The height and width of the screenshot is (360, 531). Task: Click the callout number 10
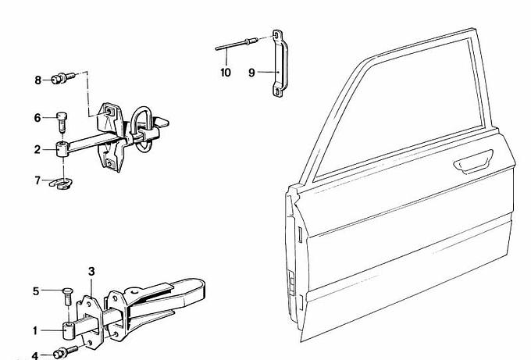pos(226,73)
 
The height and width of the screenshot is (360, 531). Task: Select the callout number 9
pos(251,73)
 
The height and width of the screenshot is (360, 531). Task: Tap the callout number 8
pos(38,80)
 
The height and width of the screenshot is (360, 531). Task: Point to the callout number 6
pos(37,118)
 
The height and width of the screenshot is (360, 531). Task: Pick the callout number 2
pos(37,149)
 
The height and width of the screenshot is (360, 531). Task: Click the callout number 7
pos(37,180)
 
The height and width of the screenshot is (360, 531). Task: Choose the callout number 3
pos(91,272)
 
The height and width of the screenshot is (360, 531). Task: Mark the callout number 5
pos(36,291)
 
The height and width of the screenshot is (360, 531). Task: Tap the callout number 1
pos(35,330)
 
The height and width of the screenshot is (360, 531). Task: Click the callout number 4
pos(35,355)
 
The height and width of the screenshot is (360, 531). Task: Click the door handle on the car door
pos(473,162)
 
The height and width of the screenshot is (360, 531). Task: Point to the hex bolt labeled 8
pos(63,78)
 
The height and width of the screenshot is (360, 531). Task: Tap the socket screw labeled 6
pos(61,123)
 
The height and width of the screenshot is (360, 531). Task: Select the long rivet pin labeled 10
pos(237,45)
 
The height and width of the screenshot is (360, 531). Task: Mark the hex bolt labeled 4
pos(66,352)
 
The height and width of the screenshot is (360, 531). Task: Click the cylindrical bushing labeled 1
pos(69,330)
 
